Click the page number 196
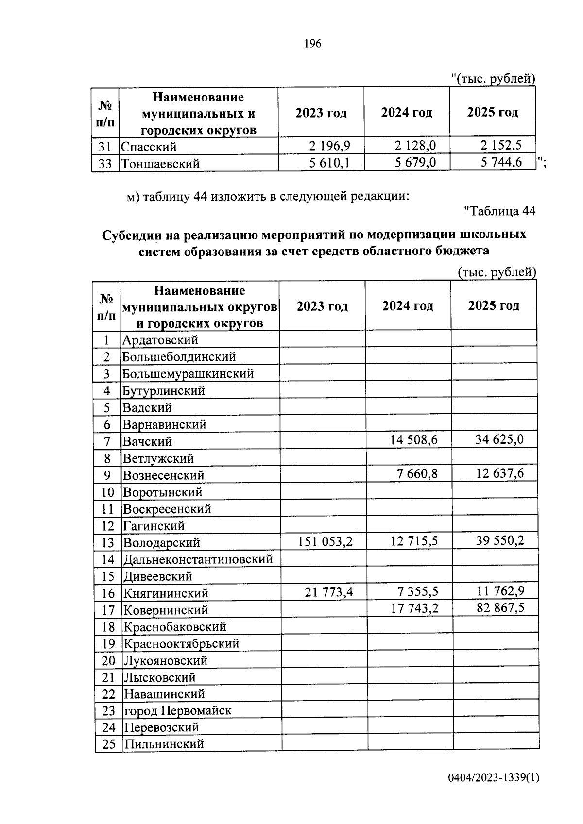tap(312, 44)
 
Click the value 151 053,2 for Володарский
tap(325, 541)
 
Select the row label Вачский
tap(147, 441)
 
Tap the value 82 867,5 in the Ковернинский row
tap(500, 607)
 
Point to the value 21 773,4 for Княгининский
tap(329, 592)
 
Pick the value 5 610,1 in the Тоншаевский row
tap(329, 163)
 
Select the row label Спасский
tap(149, 147)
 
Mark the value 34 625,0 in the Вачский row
tap(500, 440)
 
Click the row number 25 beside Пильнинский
tap(108, 744)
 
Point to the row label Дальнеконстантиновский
tap(198, 559)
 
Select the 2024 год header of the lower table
tap(408, 306)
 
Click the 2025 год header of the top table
tap(492, 112)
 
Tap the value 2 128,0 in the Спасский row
tap(415, 146)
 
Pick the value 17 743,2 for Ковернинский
tap(415, 608)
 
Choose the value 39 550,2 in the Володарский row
tap(500, 541)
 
